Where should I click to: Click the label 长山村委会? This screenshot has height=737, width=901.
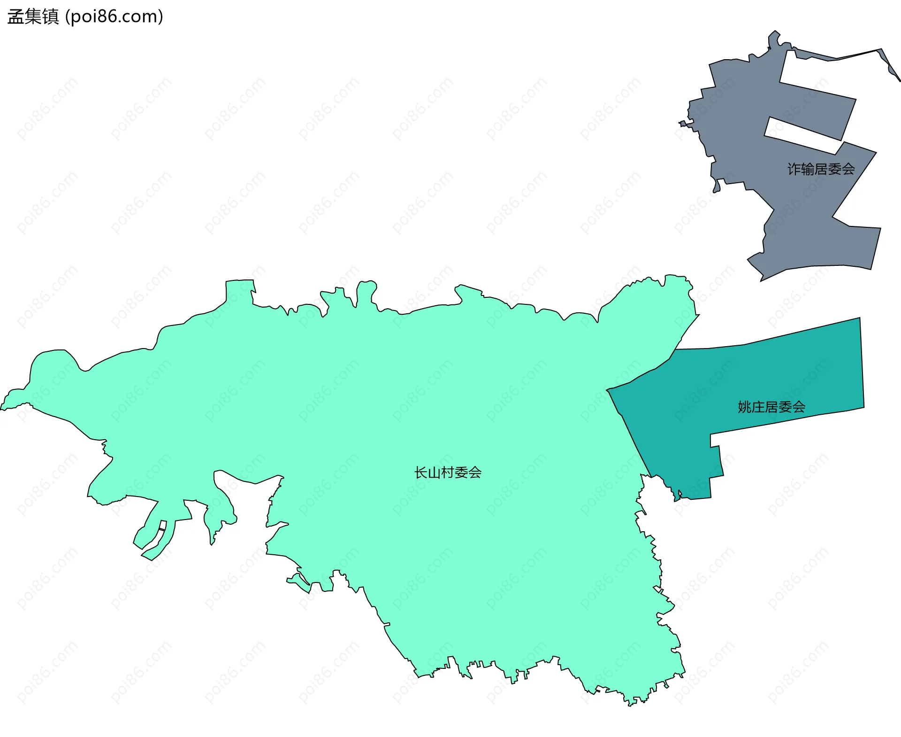(448, 473)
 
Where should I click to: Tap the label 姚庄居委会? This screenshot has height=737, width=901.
(771, 407)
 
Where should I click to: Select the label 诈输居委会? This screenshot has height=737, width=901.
(821, 169)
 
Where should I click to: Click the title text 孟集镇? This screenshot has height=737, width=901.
(33, 17)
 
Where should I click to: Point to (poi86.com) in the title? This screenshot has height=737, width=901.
(114, 17)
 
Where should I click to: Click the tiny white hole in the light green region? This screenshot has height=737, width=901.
(162, 525)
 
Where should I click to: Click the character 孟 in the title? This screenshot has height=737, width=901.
(15, 17)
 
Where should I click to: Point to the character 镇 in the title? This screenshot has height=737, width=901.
(50, 17)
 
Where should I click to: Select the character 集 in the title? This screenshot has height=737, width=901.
(33, 17)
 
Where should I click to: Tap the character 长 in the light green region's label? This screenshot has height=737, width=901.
(420, 473)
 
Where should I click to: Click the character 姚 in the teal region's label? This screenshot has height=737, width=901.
(744, 407)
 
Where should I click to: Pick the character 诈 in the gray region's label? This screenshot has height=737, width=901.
(794, 169)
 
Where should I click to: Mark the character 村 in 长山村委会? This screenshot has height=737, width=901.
(448, 473)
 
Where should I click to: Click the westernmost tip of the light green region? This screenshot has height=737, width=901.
(1, 409)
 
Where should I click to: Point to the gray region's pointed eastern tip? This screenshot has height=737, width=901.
(899, 80)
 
